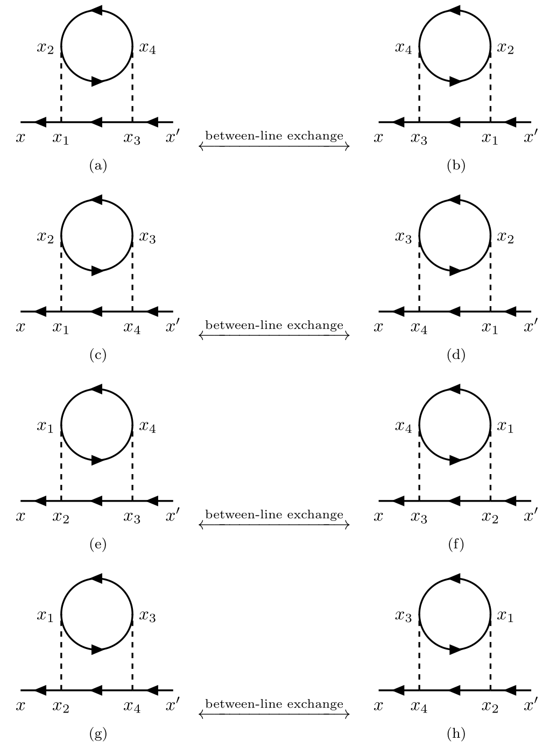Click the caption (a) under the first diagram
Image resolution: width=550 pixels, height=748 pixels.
pyautogui.click(x=98, y=166)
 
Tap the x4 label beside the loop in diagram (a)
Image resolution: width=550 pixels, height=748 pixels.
pyautogui.click(x=147, y=48)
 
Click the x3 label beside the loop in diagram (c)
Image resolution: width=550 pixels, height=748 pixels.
pyautogui.click(x=147, y=238)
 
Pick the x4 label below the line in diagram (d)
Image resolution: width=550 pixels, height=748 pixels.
pyautogui.click(x=419, y=328)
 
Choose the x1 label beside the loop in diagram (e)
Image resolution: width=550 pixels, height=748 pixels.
pyautogui.click(x=45, y=426)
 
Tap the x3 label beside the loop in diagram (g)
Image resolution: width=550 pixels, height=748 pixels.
pyautogui.click(x=147, y=616)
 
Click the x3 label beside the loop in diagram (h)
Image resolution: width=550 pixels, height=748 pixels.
pyautogui.click(x=404, y=616)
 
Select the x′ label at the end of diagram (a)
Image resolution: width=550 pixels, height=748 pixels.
pyautogui.click(x=173, y=136)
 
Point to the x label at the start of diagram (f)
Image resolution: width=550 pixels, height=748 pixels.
pyautogui.click(x=378, y=517)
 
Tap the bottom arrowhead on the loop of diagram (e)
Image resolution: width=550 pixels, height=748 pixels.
pyautogui.click(x=98, y=460)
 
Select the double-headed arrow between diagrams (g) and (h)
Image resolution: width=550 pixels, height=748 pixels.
pyautogui.click(x=274, y=714)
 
